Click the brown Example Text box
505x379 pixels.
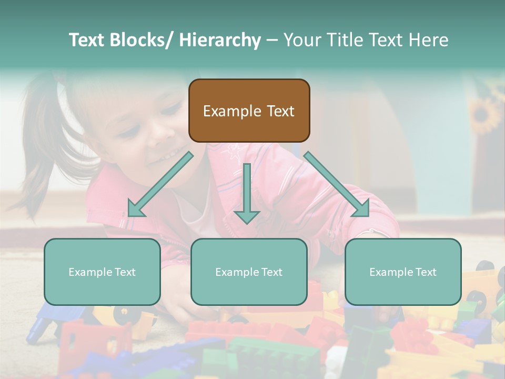[x=249, y=111]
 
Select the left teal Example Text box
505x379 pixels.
[x=102, y=272]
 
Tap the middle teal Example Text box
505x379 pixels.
[x=249, y=272]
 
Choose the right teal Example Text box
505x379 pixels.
[x=403, y=272]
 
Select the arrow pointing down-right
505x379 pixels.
[x=337, y=184]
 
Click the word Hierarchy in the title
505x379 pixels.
[x=220, y=41]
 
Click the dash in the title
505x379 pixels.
[x=271, y=41]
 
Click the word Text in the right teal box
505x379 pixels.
[x=426, y=272]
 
